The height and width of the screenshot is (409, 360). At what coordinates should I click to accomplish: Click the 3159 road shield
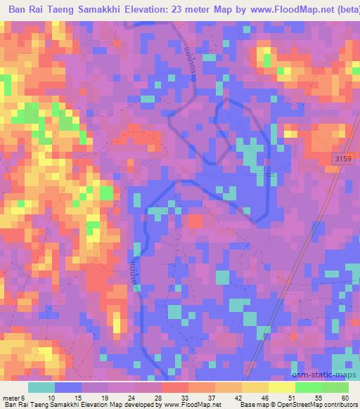tap(342, 160)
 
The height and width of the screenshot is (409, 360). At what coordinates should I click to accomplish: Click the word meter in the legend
tap(11, 398)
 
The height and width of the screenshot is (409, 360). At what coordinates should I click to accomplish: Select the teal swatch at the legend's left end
tap(41, 387)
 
